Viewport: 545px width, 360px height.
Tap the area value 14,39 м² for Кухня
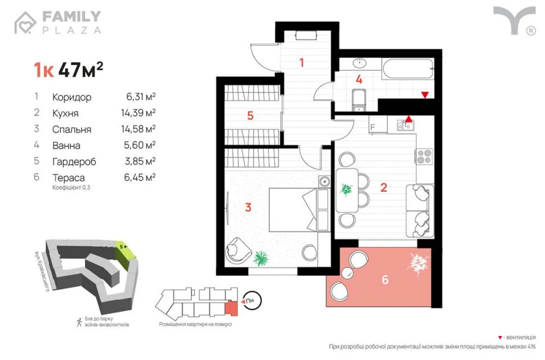pyautogui.click(x=141, y=113)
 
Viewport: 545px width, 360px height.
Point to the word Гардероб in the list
pyautogui.click(x=75, y=161)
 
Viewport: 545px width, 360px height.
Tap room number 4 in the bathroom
pyautogui.click(x=359, y=79)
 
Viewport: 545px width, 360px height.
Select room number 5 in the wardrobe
pyautogui.click(x=250, y=116)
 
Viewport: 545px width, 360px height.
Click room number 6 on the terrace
pyautogui.click(x=385, y=280)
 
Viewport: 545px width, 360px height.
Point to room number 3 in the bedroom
pyautogui.click(x=248, y=207)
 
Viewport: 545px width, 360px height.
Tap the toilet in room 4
pyautogui.click(x=359, y=99)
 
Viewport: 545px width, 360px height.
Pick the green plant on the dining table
pyautogui.click(x=347, y=189)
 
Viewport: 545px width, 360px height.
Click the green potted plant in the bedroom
pyautogui.click(x=261, y=257)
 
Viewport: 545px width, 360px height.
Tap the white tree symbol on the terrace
pyautogui.click(x=419, y=263)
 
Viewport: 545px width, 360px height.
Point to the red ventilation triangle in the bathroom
pyautogui.click(x=425, y=95)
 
